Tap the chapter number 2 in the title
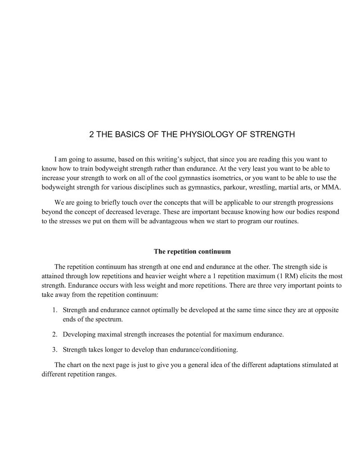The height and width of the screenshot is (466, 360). pos(92,134)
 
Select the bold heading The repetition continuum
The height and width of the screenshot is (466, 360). pos(192,251)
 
